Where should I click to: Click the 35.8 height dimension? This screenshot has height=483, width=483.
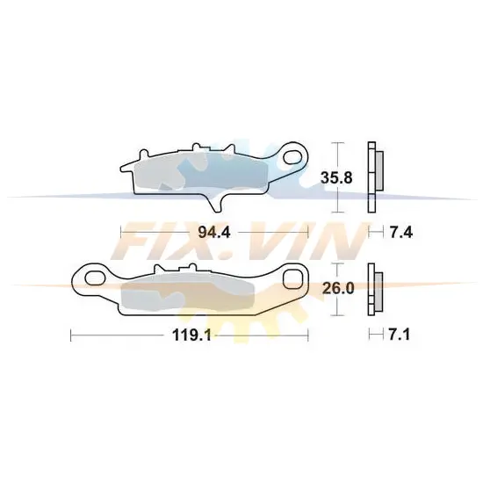[x=336, y=178]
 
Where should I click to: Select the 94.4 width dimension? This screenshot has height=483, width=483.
[x=214, y=232]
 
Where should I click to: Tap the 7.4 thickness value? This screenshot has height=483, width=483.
[x=401, y=232]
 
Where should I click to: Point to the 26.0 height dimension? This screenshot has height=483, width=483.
[x=338, y=289]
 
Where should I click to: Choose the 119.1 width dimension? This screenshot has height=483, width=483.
[x=191, y=335]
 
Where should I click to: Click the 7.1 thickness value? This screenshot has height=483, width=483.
[x=400, y=335]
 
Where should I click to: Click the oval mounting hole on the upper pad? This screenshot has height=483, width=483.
[x=292, y=157]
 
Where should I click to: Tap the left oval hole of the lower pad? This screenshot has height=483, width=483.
[x=95, y=278]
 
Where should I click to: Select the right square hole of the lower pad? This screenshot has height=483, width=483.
[x=292, y=279]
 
